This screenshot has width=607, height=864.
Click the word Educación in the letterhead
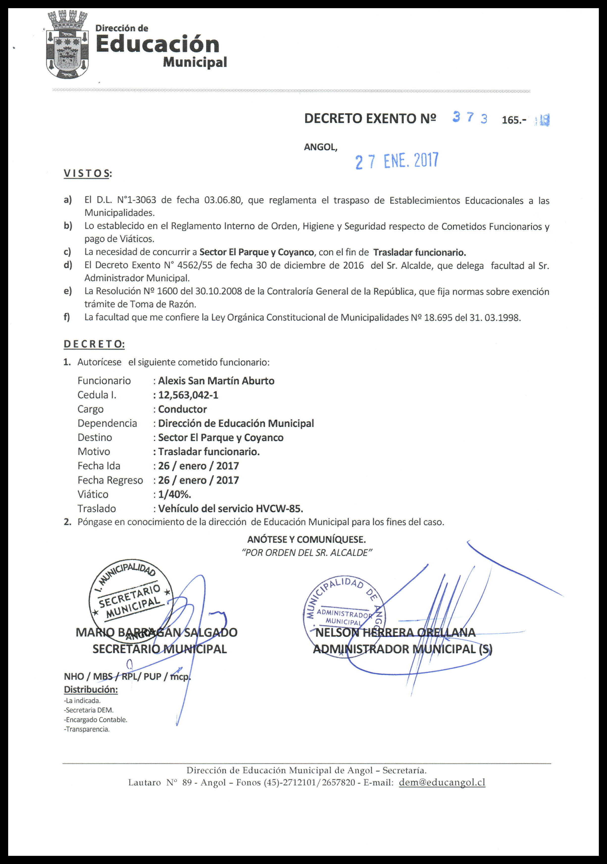click(x=157, y=45)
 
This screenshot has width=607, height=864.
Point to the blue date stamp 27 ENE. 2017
click(x=397, y=161)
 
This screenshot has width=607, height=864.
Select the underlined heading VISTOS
click(x=88, y=173)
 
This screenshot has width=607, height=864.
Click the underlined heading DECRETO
click(x=94, y=344)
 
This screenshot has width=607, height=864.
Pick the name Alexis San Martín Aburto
click(x=216, y=381)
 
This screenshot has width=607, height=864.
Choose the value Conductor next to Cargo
click(x=182, y=409)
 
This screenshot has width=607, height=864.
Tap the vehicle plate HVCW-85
click(x=279, y=509)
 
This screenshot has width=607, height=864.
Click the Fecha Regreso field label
click(x=110, y=480)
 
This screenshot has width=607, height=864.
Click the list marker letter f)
click(x=67, y=317)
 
